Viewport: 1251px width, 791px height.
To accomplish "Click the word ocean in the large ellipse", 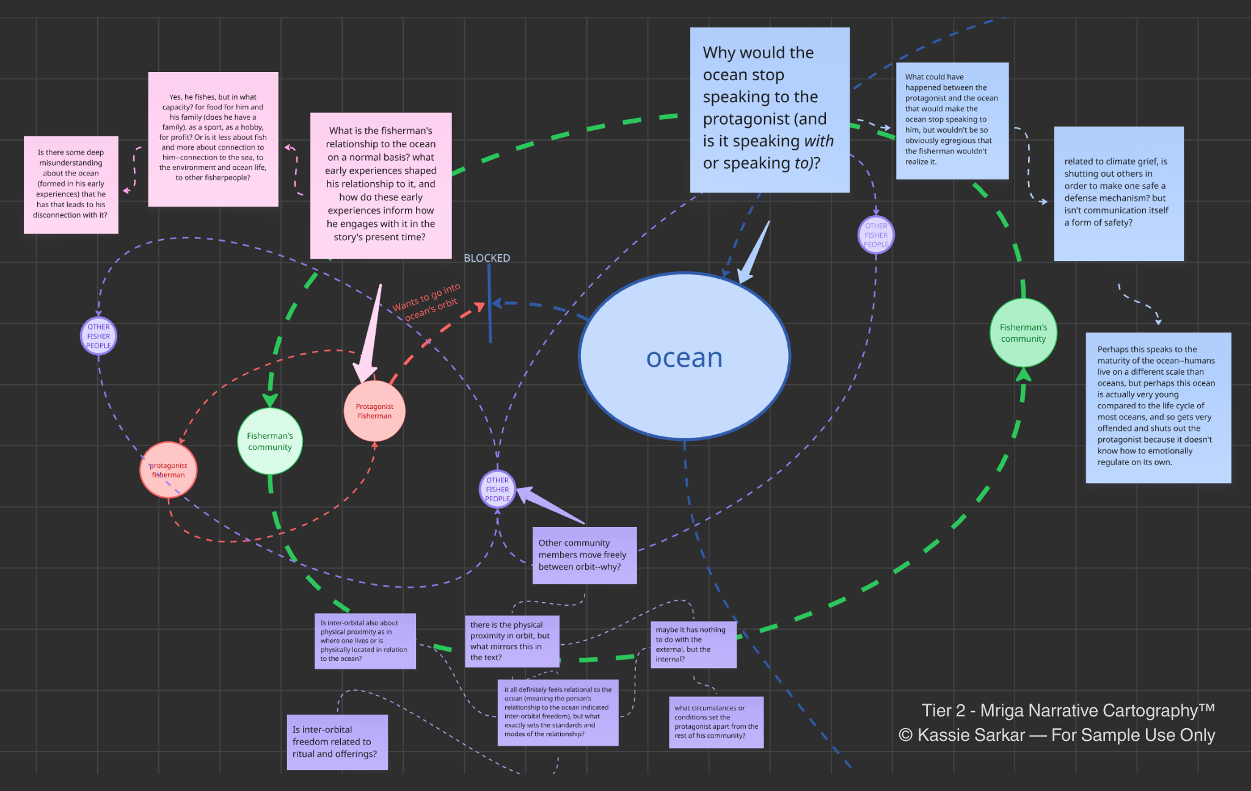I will point(684,358).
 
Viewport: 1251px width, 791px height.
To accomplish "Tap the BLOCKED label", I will point(487,258).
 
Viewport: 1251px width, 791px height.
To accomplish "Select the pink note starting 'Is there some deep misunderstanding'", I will point(71,184).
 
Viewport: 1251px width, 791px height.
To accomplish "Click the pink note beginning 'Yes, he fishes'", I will point(213,139).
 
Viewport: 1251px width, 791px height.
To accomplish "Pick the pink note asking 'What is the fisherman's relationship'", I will point(381,185).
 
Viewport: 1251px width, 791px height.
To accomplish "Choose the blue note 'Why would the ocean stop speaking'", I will point(769,109).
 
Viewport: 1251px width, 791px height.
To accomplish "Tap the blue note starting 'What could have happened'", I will point(952,120).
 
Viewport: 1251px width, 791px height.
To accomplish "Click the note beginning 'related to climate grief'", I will point(1118,193).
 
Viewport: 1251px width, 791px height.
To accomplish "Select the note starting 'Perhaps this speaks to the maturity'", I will point(1158,407).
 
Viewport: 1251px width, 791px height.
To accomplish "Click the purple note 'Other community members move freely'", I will point(584,555).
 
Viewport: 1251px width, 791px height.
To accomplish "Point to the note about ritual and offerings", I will point(337,741).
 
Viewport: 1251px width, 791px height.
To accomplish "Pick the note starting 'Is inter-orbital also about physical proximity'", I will point(365,641).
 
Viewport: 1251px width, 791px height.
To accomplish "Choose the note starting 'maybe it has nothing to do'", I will point(693,644).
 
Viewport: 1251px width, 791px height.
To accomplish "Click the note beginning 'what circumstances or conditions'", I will point(716,722).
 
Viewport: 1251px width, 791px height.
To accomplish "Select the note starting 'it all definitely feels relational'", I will point(558,712).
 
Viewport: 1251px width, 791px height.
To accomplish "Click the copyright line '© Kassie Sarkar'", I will point(1056,735).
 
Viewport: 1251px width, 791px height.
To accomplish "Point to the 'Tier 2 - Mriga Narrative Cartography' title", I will point(1068,710).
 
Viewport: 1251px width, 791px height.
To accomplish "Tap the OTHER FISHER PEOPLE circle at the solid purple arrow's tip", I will point(497,489).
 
